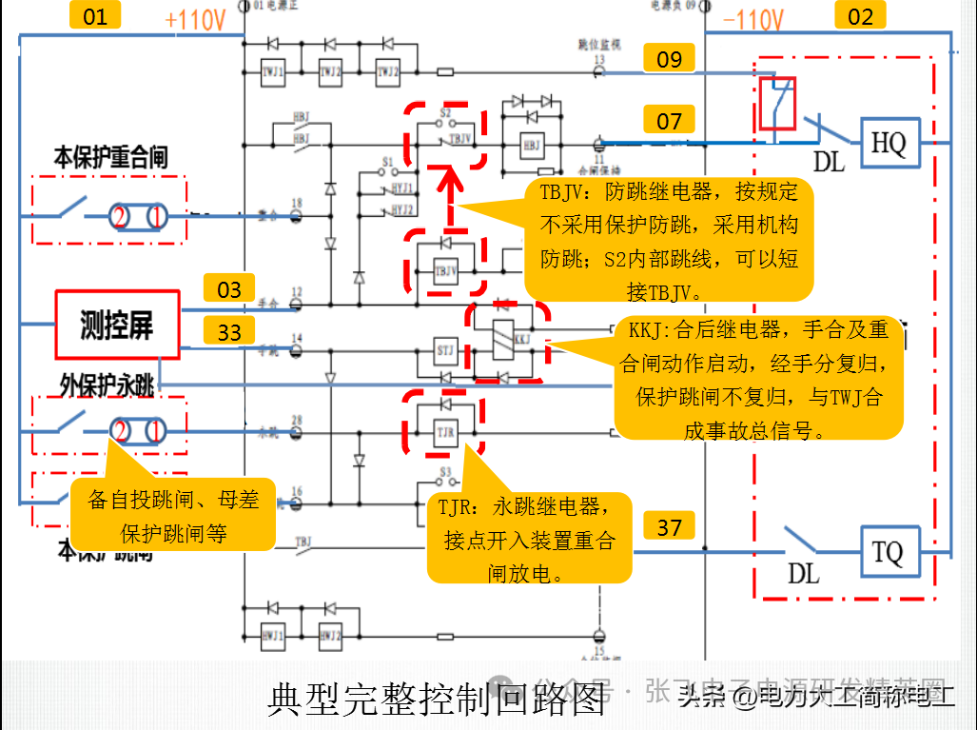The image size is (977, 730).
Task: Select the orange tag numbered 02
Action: pos(860,15)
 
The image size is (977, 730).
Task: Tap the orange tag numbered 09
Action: pos(670,59)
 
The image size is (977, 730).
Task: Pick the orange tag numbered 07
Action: pos(670,121)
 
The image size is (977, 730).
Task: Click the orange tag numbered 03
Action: pos(229,289)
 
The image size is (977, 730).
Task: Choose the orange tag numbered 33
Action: pos(229,332)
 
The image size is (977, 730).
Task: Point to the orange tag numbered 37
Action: pos(670,526)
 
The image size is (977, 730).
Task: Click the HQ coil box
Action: pos(889,145)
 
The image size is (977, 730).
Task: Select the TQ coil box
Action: pos(889,553)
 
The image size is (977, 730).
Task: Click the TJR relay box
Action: pos(445,433)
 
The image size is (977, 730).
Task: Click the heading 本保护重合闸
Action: pos(111,157)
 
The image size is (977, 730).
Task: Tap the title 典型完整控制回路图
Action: pos(438,700)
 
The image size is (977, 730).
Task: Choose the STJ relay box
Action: pos(445,349)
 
